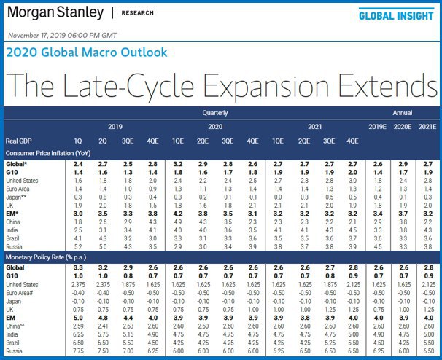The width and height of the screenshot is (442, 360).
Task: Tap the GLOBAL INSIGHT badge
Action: click(x=395, y=15)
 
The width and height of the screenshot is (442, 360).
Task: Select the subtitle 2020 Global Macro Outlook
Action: click(x=86, y=52)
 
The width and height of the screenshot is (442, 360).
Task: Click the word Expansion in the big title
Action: click(x=267, y=87)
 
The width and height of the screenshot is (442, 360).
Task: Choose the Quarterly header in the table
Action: click(x=215, y=114)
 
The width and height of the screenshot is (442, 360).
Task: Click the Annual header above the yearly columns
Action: click(x=403, y=114)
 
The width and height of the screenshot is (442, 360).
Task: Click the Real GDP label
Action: click(x=20, y=141)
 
